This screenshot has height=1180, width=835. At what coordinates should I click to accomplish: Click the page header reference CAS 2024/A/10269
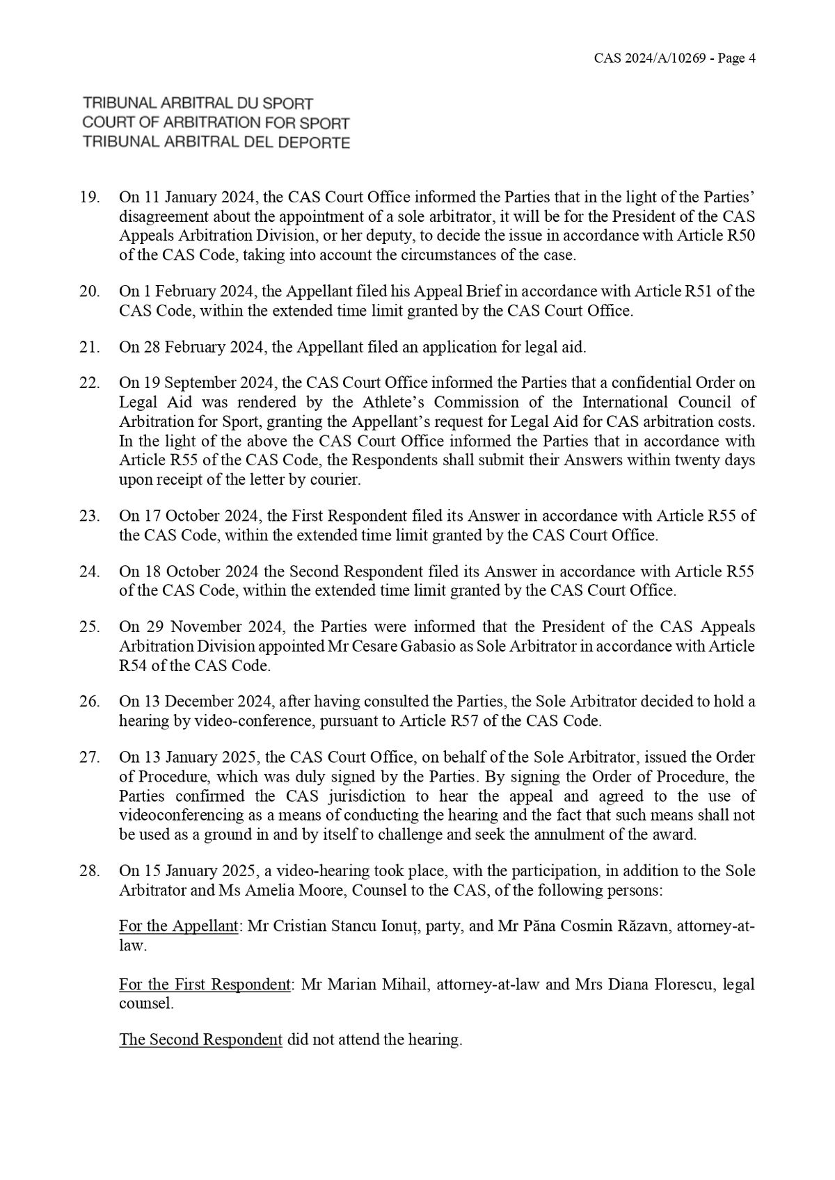[x=647, y=58]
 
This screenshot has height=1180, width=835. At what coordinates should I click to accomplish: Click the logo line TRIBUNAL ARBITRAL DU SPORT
[x=198, y=104]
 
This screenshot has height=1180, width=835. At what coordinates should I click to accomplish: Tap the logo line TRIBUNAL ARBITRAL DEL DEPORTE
[x=216, y=143]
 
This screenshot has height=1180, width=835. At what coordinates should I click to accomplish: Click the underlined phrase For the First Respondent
[x=205, y=985]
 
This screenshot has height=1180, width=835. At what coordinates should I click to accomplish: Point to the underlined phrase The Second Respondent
[x=200, y=1040]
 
